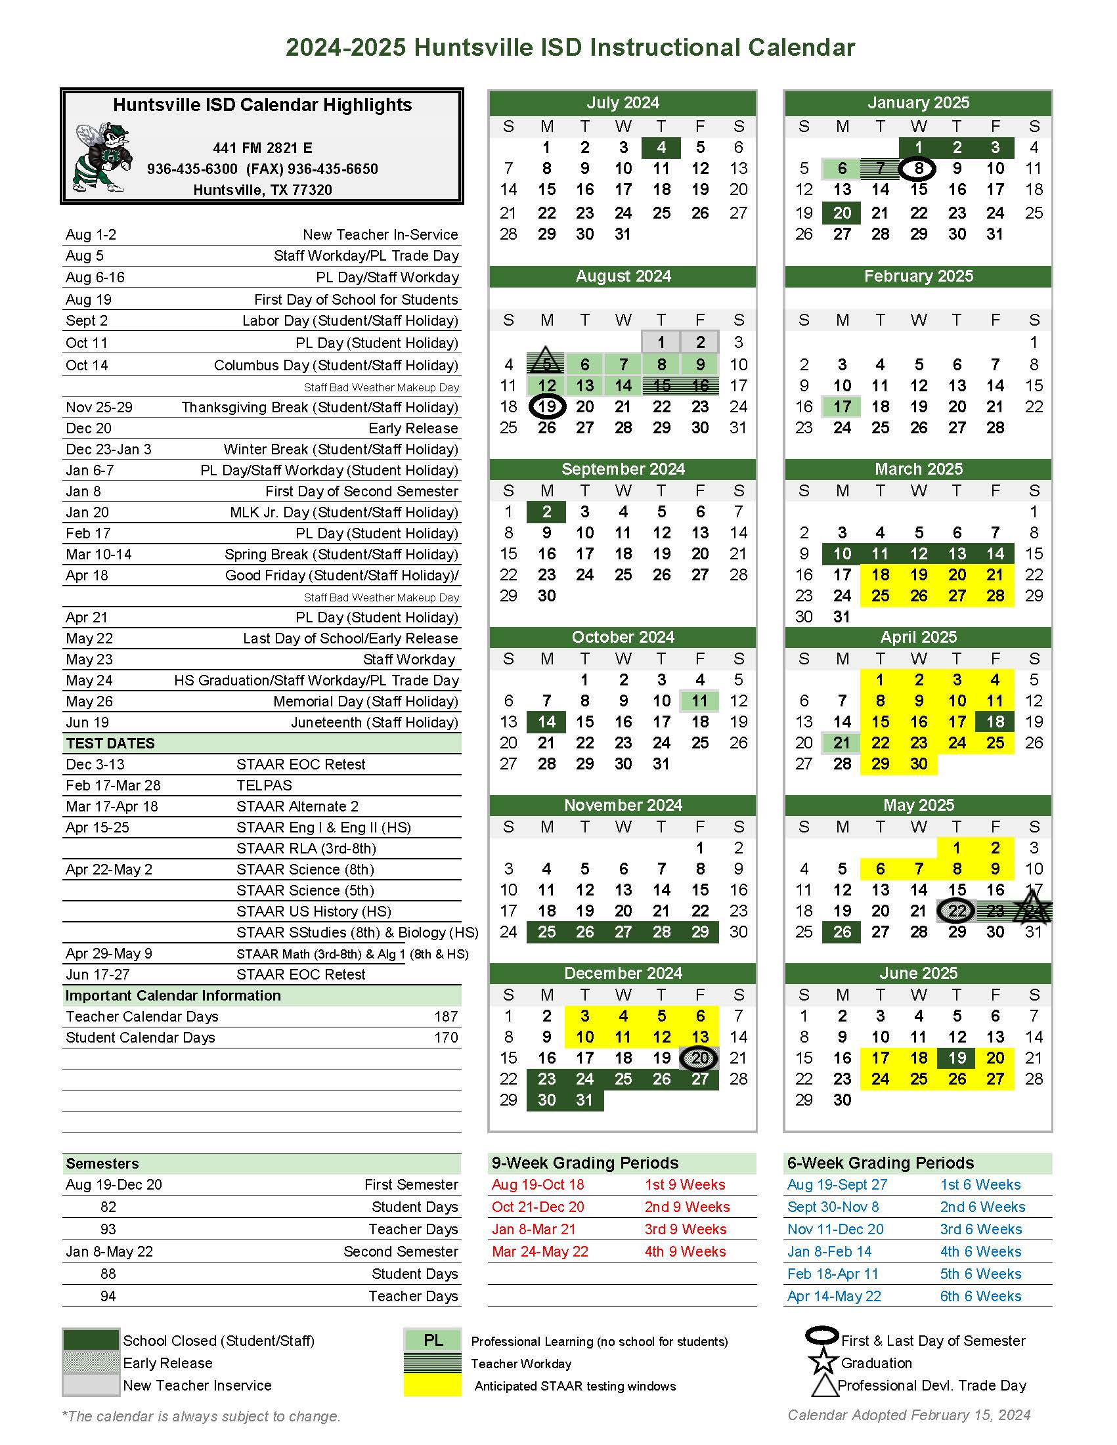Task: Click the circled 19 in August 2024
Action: coord(546,406)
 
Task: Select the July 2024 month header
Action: coord(622,102)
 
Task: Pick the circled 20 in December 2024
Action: coord(699,1058)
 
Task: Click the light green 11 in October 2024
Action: coord(699,701)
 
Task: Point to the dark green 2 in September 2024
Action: coord(546,511)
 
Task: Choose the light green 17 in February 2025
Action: coord(842,406)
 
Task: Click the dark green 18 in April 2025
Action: coord(995,722)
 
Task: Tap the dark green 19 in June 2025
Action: coord(957,1058)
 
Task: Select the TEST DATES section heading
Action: coord(110,743)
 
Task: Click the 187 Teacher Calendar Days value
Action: coord(446,1016)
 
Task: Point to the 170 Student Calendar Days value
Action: coord(446,1037)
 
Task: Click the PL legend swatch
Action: coord(433,1341)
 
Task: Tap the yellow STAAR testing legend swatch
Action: coord(433,1385)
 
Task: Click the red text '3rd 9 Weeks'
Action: coord(685,1229)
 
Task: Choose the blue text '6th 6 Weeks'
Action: coord(980,1296)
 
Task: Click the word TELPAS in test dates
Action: coord(264,785)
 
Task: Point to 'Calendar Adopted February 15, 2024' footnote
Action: coord(909,1415)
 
